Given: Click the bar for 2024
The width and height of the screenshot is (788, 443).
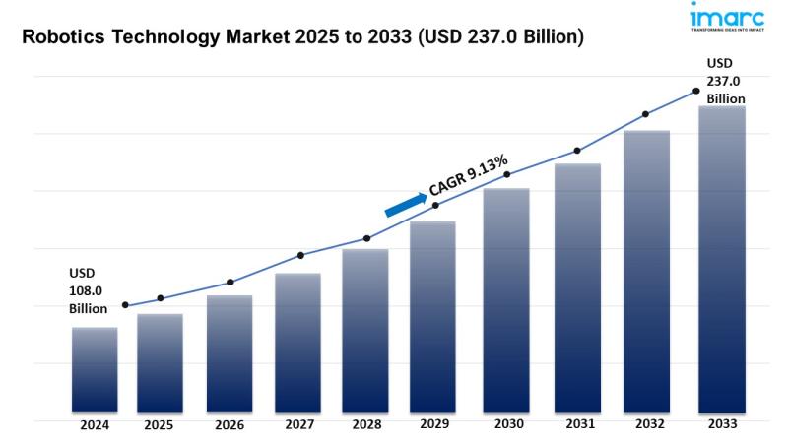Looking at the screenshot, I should click(x=95, y=369).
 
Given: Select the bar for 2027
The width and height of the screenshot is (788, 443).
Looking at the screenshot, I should click(x=297, y=343).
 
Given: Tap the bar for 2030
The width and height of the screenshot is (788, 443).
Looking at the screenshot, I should click(x=506, y=300).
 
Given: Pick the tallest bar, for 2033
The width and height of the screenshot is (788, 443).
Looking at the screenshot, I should click(x=721, y=259).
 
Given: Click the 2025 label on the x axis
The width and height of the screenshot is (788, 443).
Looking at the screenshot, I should click(x=159, y=426).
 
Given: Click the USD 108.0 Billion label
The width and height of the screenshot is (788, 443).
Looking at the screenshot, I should click(x=87, y=290).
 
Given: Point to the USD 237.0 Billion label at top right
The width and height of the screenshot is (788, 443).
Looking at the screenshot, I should click(x=724, y=82).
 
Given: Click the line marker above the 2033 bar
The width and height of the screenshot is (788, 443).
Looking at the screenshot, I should click(x=696, y=91).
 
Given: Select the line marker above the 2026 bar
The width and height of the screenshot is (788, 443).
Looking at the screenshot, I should click(x=230, y=283).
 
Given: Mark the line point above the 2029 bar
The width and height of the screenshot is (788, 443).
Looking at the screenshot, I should click(x=436, y=205).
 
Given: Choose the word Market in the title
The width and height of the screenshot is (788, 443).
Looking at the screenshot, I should click(x=275, y=38).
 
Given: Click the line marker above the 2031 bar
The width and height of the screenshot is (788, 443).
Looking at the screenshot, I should click(x=577, y=151).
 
